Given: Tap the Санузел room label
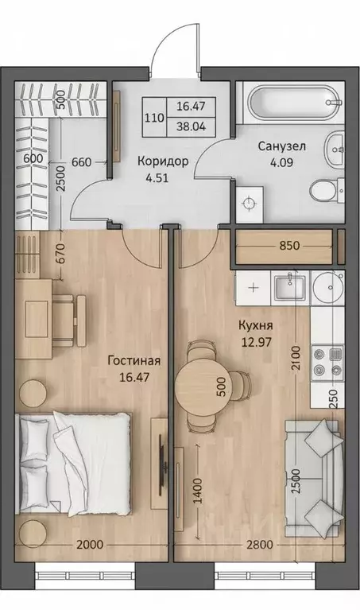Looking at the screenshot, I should (280, 147).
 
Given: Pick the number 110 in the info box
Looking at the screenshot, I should (154, 116).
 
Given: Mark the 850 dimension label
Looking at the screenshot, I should (288, 246).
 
